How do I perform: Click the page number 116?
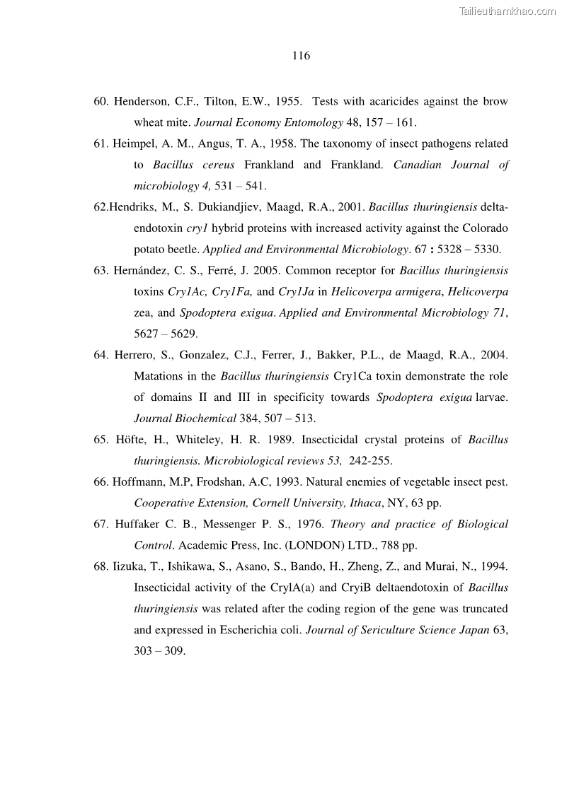tap(301, 56)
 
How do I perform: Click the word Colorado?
tap(488, 228)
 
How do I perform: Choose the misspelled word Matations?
tap(159, 376)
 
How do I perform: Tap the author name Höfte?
tap(133, 440)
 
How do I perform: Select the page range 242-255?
tap(370, 461)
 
